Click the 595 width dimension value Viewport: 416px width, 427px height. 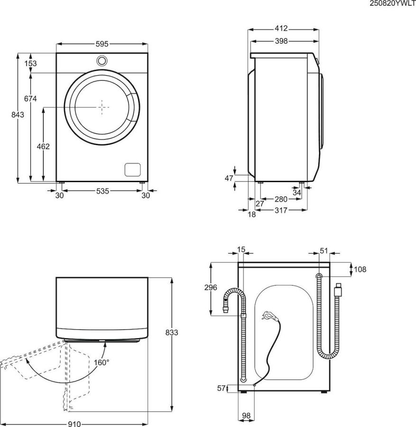click(x=102, y=44)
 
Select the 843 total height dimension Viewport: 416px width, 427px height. click(x=18, y=115)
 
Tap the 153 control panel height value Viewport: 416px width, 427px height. click(x=30, y=63)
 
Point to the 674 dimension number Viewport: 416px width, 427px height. click(x=30, y=98)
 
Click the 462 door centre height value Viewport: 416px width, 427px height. click(x=43, y=147)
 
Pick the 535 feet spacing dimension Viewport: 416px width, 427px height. click(x=102, y=191)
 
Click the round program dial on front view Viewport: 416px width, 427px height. click(x=102, y=61)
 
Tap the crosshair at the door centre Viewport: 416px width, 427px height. click(x=102, y=107)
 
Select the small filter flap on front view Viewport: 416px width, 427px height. click(x=133, y=169)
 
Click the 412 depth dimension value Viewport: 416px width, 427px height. click(x=281, y=28)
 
